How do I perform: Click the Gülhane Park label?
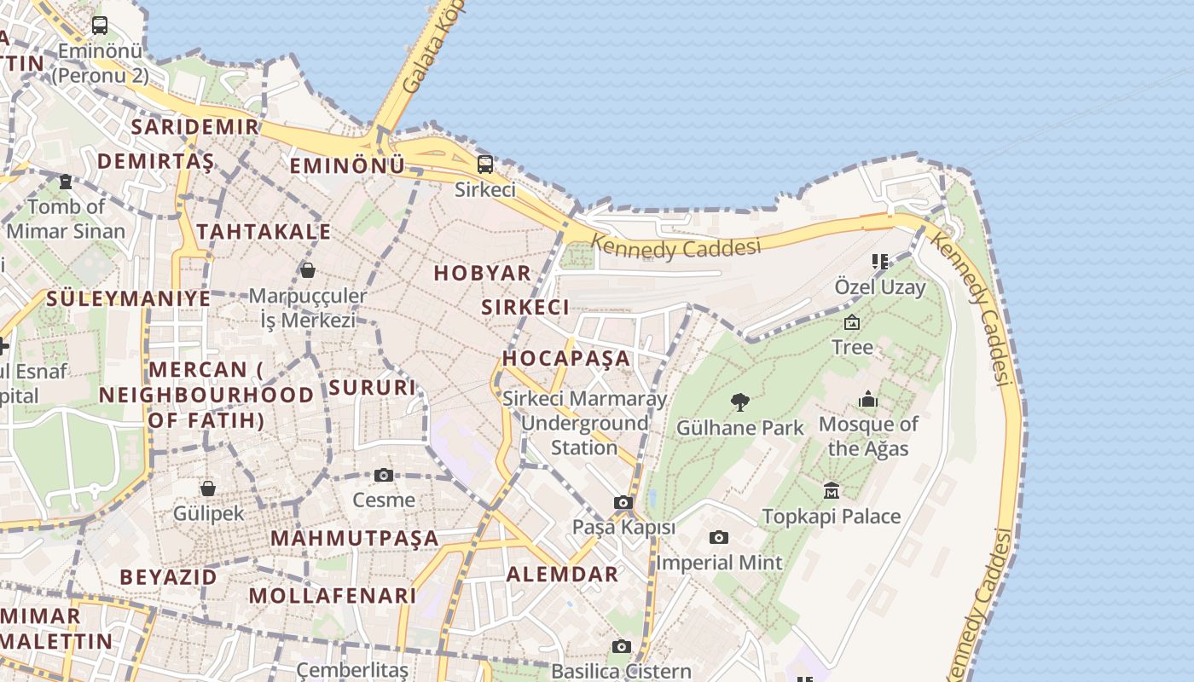740,427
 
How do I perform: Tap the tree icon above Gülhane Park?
740,402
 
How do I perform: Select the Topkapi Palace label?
831,516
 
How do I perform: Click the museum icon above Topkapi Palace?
832,490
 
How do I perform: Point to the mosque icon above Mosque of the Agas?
868,399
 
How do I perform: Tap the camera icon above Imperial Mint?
719,537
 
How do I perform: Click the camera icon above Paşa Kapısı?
623,503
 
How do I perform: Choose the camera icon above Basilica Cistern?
621,647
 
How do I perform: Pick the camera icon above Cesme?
384,475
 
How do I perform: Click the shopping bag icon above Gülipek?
208,488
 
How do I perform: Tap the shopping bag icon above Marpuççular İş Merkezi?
308,270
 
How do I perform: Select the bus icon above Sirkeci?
485,164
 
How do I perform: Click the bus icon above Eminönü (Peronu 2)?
100,26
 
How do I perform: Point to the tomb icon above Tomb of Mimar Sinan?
66,181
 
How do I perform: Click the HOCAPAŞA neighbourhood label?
566,358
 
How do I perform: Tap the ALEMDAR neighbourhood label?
563,574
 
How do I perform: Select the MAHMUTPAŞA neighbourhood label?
354,538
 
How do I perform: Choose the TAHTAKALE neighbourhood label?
264,231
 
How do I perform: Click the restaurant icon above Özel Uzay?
879,261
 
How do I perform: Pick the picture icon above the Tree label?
851,322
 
